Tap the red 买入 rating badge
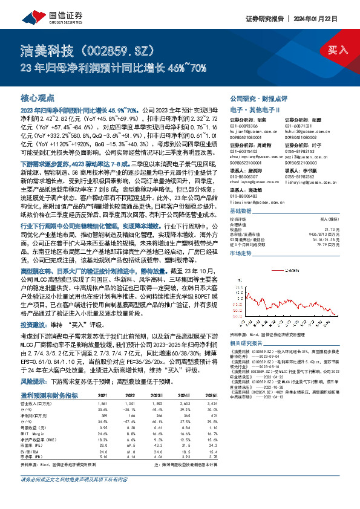pyautogui.click(x=338, y=49)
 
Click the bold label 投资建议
pyautogui.click(x=34, y=325)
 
